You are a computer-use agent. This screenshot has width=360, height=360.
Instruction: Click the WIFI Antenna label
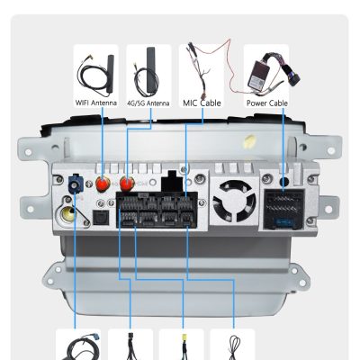pyautogui.click(x=95, y=103)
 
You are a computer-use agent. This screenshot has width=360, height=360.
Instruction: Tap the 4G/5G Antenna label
pyautogui.click(x=148, y=103)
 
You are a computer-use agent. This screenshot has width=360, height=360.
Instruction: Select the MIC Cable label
pyautogui.click(x=202, y=103)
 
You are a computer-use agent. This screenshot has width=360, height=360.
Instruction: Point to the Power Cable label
pyautogui.click(x=266, y=103)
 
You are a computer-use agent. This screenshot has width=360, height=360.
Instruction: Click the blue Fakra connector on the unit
pyautogui.click(x=74, y=184)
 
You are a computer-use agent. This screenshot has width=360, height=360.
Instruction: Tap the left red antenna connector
pyautogui.click(x=102, y=184)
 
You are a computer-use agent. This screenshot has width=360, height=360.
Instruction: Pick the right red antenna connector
pyautogui.click(x=127, y=184)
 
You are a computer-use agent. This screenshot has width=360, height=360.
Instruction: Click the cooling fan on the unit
pyautogui.click(x=234, y=201)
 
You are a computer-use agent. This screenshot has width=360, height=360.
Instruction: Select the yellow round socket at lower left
pyautogui.click(x=68, y=214)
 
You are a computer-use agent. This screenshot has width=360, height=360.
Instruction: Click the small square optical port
pyautogui.click(x=98, y=218)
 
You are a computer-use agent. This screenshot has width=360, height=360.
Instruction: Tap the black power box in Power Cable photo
pyautogui.click(x=258, y=74)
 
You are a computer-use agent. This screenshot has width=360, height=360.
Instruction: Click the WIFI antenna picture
pyautogui.click(x=95, y=72)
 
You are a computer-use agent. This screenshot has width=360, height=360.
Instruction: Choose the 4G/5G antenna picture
pyautogui.click(x=148, y=72)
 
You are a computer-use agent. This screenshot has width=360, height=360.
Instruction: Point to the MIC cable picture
pyautogui.click(x=202, y=71)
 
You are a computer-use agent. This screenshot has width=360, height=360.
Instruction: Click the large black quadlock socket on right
pyautogui.click(x=283, y=209)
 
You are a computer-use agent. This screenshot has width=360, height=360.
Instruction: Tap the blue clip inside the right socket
pyautogui.click(x=284, y=222)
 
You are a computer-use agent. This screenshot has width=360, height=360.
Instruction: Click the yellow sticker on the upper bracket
pyautogui.click(x=249, y=141)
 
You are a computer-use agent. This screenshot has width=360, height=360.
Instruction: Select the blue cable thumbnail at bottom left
pyautogui.click(x=78, y=345)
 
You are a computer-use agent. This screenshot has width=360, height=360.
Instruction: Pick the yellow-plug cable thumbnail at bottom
pyautogui.click(x=182, y=345)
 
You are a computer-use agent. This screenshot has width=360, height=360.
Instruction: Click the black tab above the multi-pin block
pyautogui.click(x=172, y=181)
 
